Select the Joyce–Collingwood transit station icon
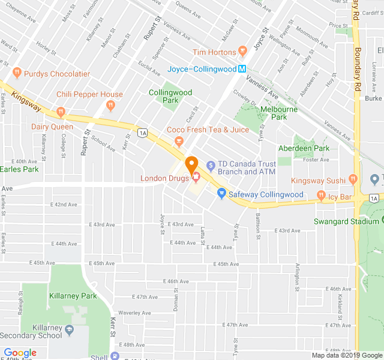(242, 68)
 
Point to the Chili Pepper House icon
(110, 106)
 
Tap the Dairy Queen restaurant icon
(60, 112)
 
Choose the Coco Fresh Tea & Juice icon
(178, 141)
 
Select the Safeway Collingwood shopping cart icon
(221, 193)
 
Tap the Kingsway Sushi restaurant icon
(354, 178)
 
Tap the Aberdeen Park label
(304, 148)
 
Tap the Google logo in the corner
(20, 353)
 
